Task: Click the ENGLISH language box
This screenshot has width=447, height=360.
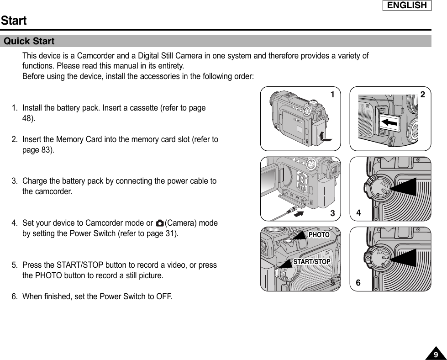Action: tap(407, 5)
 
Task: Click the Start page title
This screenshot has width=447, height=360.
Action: tap(14, 21)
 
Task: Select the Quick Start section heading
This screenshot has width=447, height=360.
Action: tap(29, 42)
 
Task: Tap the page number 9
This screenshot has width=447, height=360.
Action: tap(436, 355)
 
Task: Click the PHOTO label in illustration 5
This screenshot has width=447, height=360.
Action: tap(319, 235)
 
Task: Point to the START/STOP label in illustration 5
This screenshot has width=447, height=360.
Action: tap(311, 262)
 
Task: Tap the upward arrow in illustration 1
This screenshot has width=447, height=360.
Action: tap(324, 136)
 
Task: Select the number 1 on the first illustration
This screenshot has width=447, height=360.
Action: tap(333, 95)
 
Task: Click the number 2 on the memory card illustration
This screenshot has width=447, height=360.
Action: tap(423, 95)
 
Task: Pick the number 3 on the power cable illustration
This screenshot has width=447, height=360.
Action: tap(333, 213)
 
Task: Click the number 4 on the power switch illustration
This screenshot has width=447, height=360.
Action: tap(359, 213)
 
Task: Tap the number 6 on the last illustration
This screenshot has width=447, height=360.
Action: tap(359, 283)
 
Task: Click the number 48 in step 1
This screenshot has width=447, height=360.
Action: tap(27, 119)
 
